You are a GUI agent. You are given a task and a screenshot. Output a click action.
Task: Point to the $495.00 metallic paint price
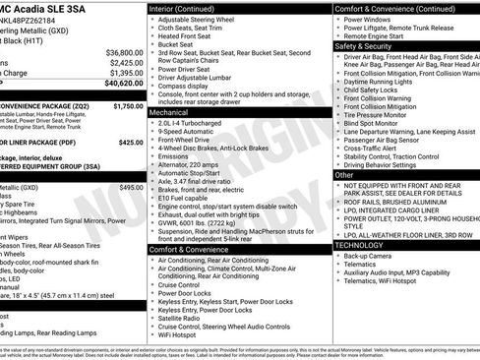coord(131,187)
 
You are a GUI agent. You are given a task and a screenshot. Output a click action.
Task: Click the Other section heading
coord(346,174)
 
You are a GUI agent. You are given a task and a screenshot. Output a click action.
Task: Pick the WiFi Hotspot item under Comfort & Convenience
coord(184,335)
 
